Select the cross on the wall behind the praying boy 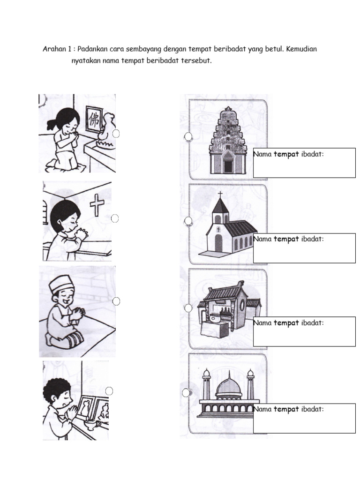(97, 205)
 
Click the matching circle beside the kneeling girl (116, 134)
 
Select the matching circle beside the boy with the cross (115, 218)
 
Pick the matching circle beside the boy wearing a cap (116, 301)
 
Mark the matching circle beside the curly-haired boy (109, 391)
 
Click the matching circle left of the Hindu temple (188, 136)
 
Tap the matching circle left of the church (188, 220)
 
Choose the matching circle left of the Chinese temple (188, 308)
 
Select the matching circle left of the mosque (186, 392)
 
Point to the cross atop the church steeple (220, 194)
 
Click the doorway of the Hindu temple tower (228, 165)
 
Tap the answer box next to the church (304, 248)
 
